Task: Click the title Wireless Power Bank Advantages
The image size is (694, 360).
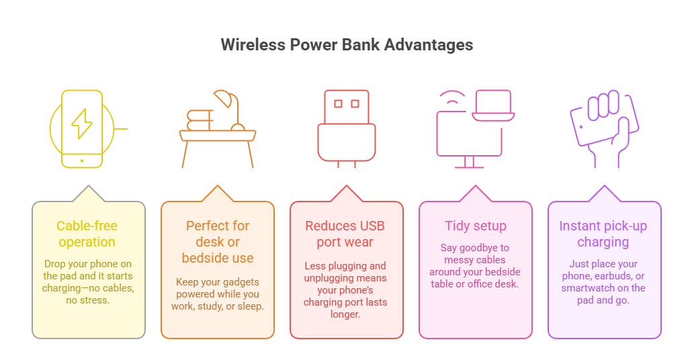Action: tap(347, 45)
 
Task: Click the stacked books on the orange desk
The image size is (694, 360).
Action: tap(200, 121)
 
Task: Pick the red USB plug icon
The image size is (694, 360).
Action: tap(346, 128)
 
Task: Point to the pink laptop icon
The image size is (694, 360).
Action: tap(493, 107)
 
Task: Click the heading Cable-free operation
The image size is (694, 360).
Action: tap(87, 234)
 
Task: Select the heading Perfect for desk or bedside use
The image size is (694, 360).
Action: tap(217, 242)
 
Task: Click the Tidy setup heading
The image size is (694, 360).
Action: tap(475, 226)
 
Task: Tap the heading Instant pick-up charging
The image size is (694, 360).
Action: tap(603, 234)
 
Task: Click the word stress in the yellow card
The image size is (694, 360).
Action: tap(95, 301)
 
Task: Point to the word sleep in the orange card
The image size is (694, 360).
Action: tap(250, 306)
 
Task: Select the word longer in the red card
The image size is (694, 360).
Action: tap(346, 314)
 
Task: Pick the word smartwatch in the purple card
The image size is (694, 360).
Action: tap(587, 288)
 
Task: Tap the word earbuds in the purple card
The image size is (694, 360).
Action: tap(616, 276)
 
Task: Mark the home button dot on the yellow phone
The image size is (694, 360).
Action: tap(82, 161)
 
